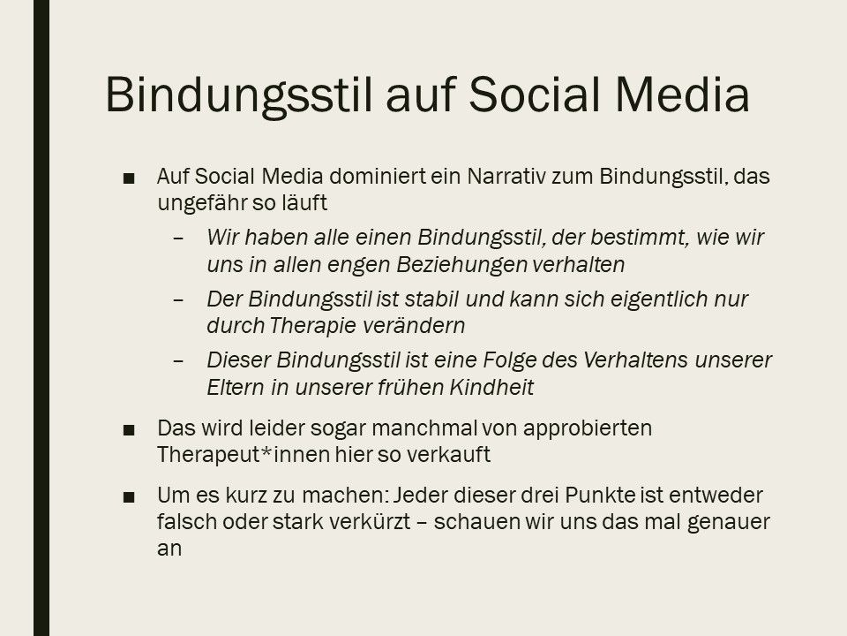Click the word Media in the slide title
click(x=682, y=95)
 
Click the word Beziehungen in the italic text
click(x=461, y=265)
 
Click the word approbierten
click(x=588, y=428)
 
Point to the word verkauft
click(x=448, y=455)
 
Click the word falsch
click(x=186, y=522)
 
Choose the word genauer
click(x=729, y=523)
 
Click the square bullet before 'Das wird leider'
click(x=129, y=430)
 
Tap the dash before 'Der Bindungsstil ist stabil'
click(x=178, y=299)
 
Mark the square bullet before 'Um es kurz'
click(x=129, y=497)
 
